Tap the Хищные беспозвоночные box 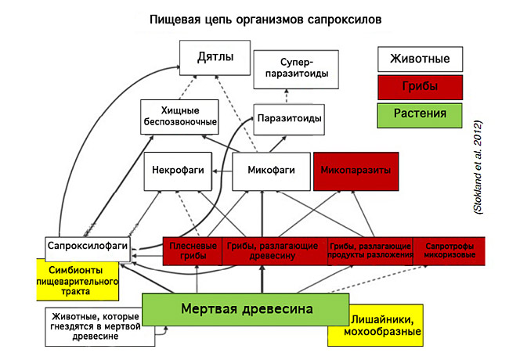click(179, 116)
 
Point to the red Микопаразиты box click(352, 169)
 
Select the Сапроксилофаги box click(87, 247)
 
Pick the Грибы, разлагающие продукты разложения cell click(370, 250)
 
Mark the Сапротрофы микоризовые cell click(446, 250)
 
